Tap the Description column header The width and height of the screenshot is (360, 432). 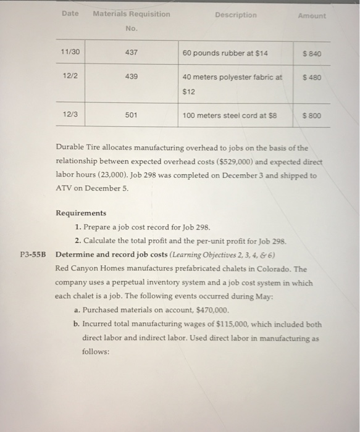(236, 15)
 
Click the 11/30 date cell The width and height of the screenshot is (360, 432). (70, 53)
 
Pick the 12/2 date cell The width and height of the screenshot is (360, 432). (70, 77)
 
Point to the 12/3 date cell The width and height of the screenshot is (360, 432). (70, 115)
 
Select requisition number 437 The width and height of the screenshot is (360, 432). (130, 53)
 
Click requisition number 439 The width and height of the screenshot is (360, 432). (130, 77)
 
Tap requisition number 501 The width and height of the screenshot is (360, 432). (130, 115)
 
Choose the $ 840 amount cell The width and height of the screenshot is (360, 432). (312, 54)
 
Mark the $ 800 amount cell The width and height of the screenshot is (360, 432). (312, 115)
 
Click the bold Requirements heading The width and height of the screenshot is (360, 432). (81, 213)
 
